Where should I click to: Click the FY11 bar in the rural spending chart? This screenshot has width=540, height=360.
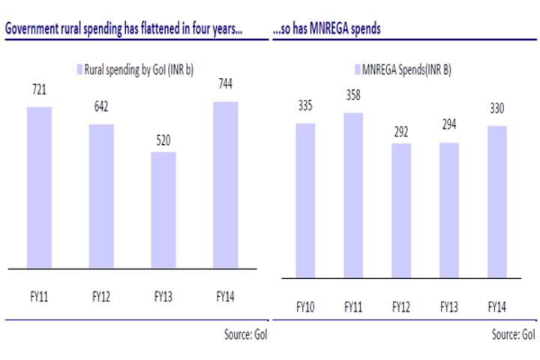(40, 187)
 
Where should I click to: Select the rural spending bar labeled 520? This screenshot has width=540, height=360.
(163, 210)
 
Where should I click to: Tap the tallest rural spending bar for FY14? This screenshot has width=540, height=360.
(225, 184)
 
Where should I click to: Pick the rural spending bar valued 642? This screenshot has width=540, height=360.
(101, 196)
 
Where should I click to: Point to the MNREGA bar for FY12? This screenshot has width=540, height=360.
(401, 211)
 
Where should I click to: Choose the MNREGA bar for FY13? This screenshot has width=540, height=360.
(448, 210)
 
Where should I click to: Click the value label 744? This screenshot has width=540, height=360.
(225, 85)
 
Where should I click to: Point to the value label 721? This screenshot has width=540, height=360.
(39, 90)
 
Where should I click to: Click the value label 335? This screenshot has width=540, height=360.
(305, 107)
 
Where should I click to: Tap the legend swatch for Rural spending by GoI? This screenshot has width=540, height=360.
(79, 69)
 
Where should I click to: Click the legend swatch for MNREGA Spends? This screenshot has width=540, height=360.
(358, 69)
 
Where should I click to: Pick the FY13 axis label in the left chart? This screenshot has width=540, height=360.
(163, 296)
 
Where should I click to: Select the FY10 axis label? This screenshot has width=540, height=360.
(305, 306)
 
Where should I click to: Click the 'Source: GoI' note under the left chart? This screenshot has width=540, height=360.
(245, 334)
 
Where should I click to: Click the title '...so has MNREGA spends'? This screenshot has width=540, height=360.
(326, 28)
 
